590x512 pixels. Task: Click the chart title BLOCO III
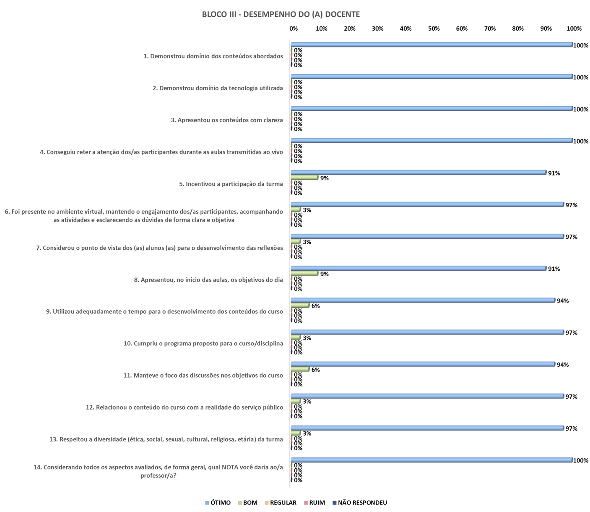point(281,14)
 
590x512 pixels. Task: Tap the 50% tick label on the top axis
point(434,29)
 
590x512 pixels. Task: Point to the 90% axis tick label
point(546,29)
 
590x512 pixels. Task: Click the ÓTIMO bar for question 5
point(418,172)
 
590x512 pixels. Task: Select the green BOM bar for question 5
point(304,178)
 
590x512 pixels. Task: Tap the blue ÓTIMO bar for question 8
point(418,268)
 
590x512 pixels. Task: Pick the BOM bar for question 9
point(300,305)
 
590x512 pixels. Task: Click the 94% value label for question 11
point(563,365)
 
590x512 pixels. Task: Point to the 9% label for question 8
point(324,274)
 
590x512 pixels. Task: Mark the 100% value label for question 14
point(581,460)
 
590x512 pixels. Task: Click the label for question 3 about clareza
point(227,120)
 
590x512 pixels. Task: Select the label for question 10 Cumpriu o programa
point(203,343)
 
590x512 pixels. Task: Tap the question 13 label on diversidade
point(166,439)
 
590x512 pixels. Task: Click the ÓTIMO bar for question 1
point(431,44)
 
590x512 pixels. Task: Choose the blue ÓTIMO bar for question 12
point(427,396)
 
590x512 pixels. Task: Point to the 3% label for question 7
point(307,242)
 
